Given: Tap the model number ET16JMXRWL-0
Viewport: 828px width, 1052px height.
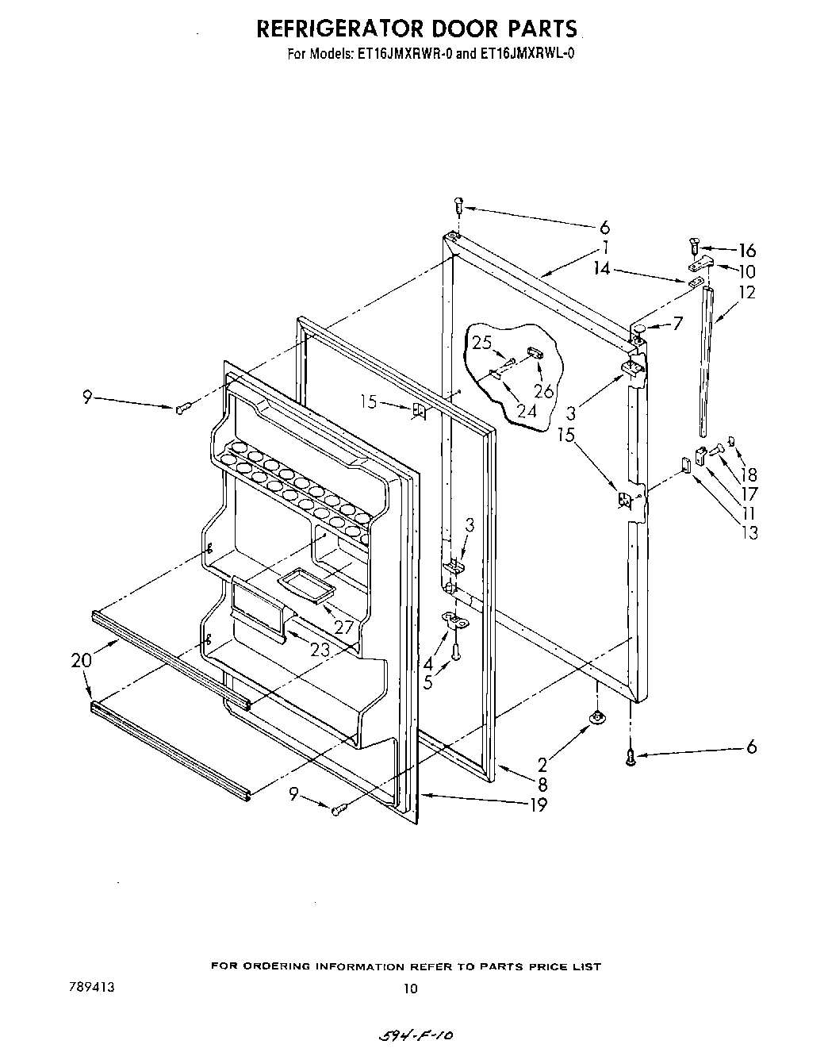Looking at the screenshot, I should [x=520, y=56].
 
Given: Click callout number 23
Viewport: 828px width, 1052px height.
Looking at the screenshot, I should [x=320, y=648].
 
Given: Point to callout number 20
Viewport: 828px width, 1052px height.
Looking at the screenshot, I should [x=81, y=659].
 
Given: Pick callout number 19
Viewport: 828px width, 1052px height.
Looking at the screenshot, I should [x=539, y=805].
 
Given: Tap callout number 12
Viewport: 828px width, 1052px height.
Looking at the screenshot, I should [x=747, y=292].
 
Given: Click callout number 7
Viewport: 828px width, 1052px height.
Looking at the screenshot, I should [x=677, y=324].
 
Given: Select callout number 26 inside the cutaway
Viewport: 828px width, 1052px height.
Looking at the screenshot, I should [x=542, y=390].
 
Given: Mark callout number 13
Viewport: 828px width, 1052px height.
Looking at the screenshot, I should [x=749, y=532].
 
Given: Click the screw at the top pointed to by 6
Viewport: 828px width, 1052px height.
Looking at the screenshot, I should [x=459, y=205].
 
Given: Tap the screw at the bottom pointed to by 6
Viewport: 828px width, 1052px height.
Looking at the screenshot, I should [x=631, y=758].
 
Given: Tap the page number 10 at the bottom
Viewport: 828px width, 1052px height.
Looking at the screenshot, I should [x=409, y=989].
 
